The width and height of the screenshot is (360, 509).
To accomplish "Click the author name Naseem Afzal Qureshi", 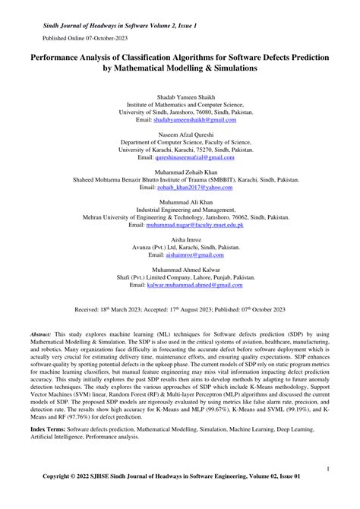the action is point(180,133).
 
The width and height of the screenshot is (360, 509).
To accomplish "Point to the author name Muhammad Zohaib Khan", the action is point(180,171).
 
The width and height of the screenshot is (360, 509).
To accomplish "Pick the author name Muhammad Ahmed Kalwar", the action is point(180,270).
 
